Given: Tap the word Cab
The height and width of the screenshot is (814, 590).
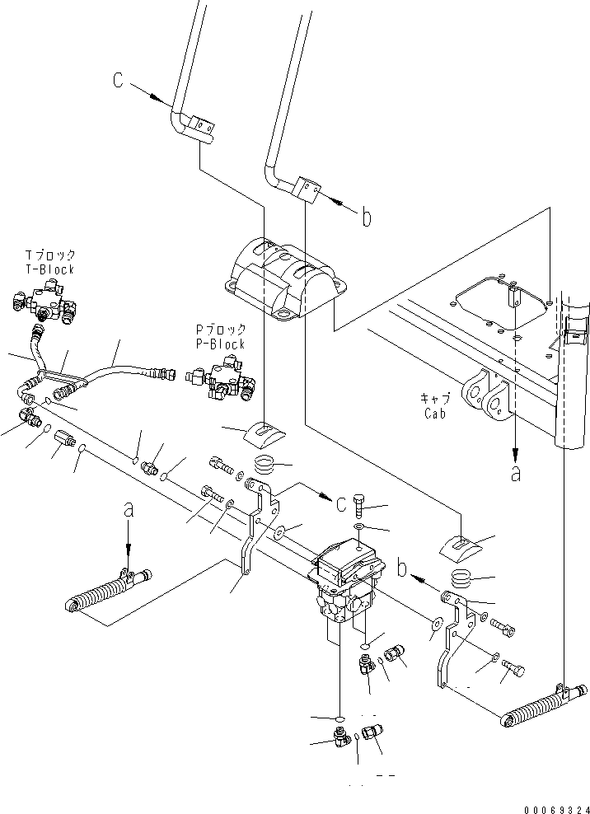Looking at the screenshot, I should [x=434, y=414].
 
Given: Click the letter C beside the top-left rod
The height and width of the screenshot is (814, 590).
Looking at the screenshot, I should [x=119, y=80].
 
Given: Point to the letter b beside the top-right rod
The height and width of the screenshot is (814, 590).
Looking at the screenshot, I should [x=367, y=218].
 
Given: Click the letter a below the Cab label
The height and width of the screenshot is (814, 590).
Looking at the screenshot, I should [x=516, y=475].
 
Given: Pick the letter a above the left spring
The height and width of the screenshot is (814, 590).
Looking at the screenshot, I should [x=128, y=512].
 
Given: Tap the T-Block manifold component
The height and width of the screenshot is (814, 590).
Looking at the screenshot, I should [x=44, y=305].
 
